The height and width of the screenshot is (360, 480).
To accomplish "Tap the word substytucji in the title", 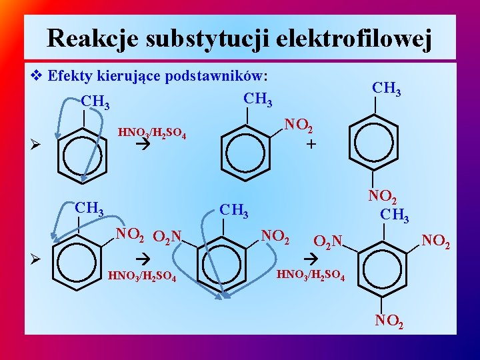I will (x=207, y=38).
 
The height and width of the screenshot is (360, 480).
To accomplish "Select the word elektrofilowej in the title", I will (x=356, y=38).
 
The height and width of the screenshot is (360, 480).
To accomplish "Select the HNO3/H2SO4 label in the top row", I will (x=151, y=134).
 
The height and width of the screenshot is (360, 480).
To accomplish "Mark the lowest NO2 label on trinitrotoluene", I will (x=389, y=321).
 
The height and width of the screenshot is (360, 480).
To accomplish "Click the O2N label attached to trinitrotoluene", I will (x=328, y=241).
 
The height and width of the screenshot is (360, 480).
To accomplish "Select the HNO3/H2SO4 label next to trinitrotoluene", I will (x=311, y=273).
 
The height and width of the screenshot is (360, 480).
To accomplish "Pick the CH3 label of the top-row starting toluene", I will (x=95, y=103).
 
